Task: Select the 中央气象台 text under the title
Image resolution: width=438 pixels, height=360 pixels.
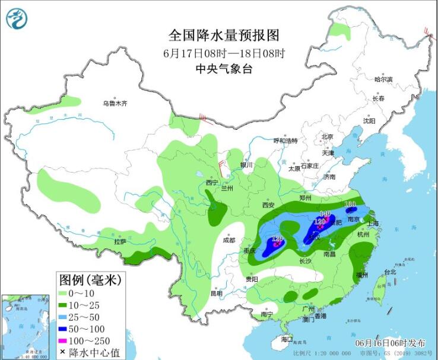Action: (224, 69)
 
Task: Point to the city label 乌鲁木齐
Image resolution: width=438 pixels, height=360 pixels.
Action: (115, 103)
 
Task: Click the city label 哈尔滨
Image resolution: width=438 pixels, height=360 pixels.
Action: (383, 79)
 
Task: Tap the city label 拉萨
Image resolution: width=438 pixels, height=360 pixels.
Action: (120, 241)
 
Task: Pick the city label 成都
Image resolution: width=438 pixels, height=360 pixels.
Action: (228, 240)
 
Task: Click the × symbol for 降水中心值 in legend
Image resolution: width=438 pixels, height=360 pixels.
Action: (64, 352)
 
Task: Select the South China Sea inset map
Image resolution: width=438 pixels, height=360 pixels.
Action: (27, 326)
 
